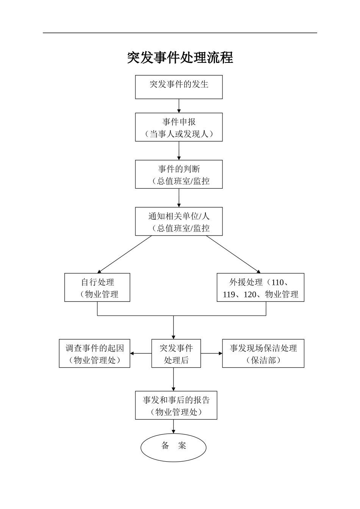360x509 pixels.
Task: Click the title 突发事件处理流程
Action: [x=180, y=58]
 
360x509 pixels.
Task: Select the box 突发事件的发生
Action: [x=179, y=87]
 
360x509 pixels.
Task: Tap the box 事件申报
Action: [x=179, y=127]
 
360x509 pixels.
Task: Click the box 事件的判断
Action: [x=179, y=174]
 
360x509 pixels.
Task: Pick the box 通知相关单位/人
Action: [x=179, y=222]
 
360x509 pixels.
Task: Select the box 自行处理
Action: [x=97, y=287]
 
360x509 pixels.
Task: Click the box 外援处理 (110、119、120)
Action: [x=260, y=287]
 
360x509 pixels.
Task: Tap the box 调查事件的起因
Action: [x=94, y=353]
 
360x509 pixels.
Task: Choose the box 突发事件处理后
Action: [x=176, y=353]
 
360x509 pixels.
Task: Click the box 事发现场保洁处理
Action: [x=263, y=353]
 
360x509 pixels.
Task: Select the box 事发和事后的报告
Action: [x=176, y=405]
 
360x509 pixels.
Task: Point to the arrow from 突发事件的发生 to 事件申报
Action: [x=179, y=106]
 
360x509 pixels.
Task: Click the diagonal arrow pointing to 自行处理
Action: [x=125, y=254]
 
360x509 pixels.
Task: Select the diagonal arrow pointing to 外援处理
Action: [x=233, y=254]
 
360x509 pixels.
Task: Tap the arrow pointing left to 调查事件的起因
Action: [x=141, y=354]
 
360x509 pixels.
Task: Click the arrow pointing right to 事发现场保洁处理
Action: [x=211, y=354]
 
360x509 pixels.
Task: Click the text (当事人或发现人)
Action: [x=179, y=134]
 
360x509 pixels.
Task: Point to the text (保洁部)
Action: [x=263, y=360]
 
